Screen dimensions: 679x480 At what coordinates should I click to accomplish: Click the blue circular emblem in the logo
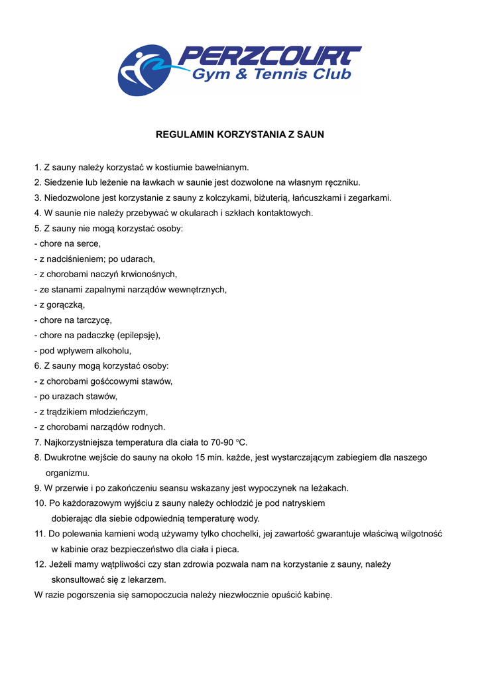(143, 70)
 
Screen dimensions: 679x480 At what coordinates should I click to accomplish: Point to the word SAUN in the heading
(311, 134)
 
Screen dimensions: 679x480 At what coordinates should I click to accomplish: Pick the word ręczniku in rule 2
(342, 182)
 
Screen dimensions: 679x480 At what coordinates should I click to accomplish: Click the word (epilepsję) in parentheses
(139, 335)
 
